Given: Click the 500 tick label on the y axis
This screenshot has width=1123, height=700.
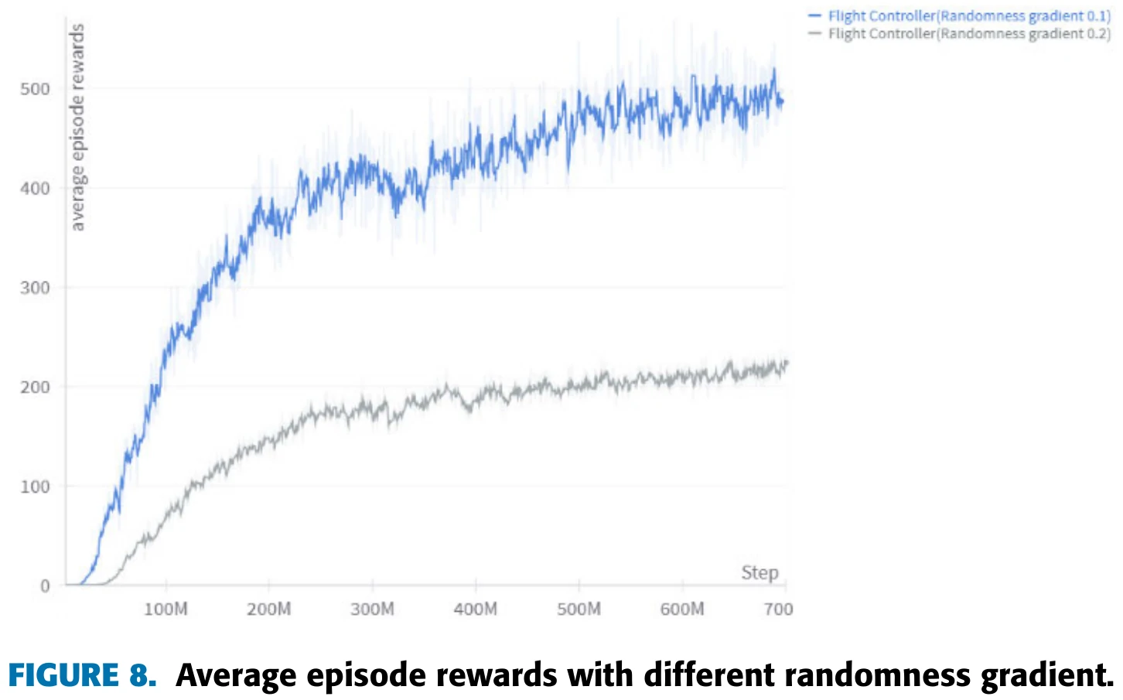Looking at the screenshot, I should click(x=35, y=89).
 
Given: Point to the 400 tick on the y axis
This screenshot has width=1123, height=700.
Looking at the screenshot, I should click(x=35, y=188).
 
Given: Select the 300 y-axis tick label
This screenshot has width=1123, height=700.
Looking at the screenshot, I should click(x=35, y=288).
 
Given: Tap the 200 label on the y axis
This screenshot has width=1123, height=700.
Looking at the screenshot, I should click(x=35, y=387).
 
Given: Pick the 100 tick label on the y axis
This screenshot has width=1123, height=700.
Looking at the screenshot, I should click(x=35, y=487).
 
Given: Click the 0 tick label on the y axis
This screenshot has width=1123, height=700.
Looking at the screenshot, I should click(x=45, y=586).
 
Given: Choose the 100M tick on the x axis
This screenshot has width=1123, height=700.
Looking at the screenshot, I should click(x=166, y=610).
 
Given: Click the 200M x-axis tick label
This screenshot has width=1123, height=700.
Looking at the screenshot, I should click(x=269, y=610).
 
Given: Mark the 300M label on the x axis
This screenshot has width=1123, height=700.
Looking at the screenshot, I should click(x=372, y=610).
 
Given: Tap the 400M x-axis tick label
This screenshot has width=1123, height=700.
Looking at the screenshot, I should click(x=476, y=610).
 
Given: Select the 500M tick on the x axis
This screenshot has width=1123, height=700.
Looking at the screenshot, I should click(x=579, y=610).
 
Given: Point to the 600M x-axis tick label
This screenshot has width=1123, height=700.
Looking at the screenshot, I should click(x=682, y=610).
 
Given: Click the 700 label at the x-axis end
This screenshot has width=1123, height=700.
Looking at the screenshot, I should click(x=778, y=610).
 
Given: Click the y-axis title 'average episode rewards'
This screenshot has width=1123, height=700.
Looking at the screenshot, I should click(x=77, y=128).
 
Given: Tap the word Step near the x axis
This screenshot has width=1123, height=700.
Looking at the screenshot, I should click(x=759, y=572).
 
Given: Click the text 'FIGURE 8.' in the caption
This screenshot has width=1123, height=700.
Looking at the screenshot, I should click(x=82, y=675).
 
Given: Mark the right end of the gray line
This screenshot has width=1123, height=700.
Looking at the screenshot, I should click(x=787, y=362).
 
